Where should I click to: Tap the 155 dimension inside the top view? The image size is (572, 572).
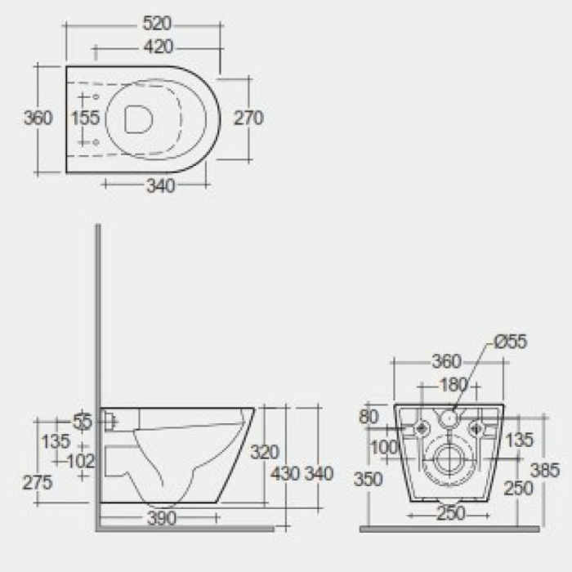click(86, 118)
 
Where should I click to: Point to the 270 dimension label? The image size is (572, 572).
click(248, 118)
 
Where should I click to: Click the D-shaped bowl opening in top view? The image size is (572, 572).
click(140, 120)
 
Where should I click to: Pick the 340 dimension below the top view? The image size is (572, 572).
click(161, 186)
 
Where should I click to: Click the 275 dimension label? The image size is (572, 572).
click(38, 482)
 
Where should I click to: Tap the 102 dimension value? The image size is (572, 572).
click(81, 461)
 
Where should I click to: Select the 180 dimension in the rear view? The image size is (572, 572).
click(454, 384)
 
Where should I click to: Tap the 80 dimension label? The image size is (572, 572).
click(369, 417)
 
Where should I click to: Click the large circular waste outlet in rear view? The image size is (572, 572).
click(449, 461)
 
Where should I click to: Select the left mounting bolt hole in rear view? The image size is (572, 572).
click(422, 428)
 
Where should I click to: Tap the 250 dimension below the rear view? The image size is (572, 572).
click(449, 514)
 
